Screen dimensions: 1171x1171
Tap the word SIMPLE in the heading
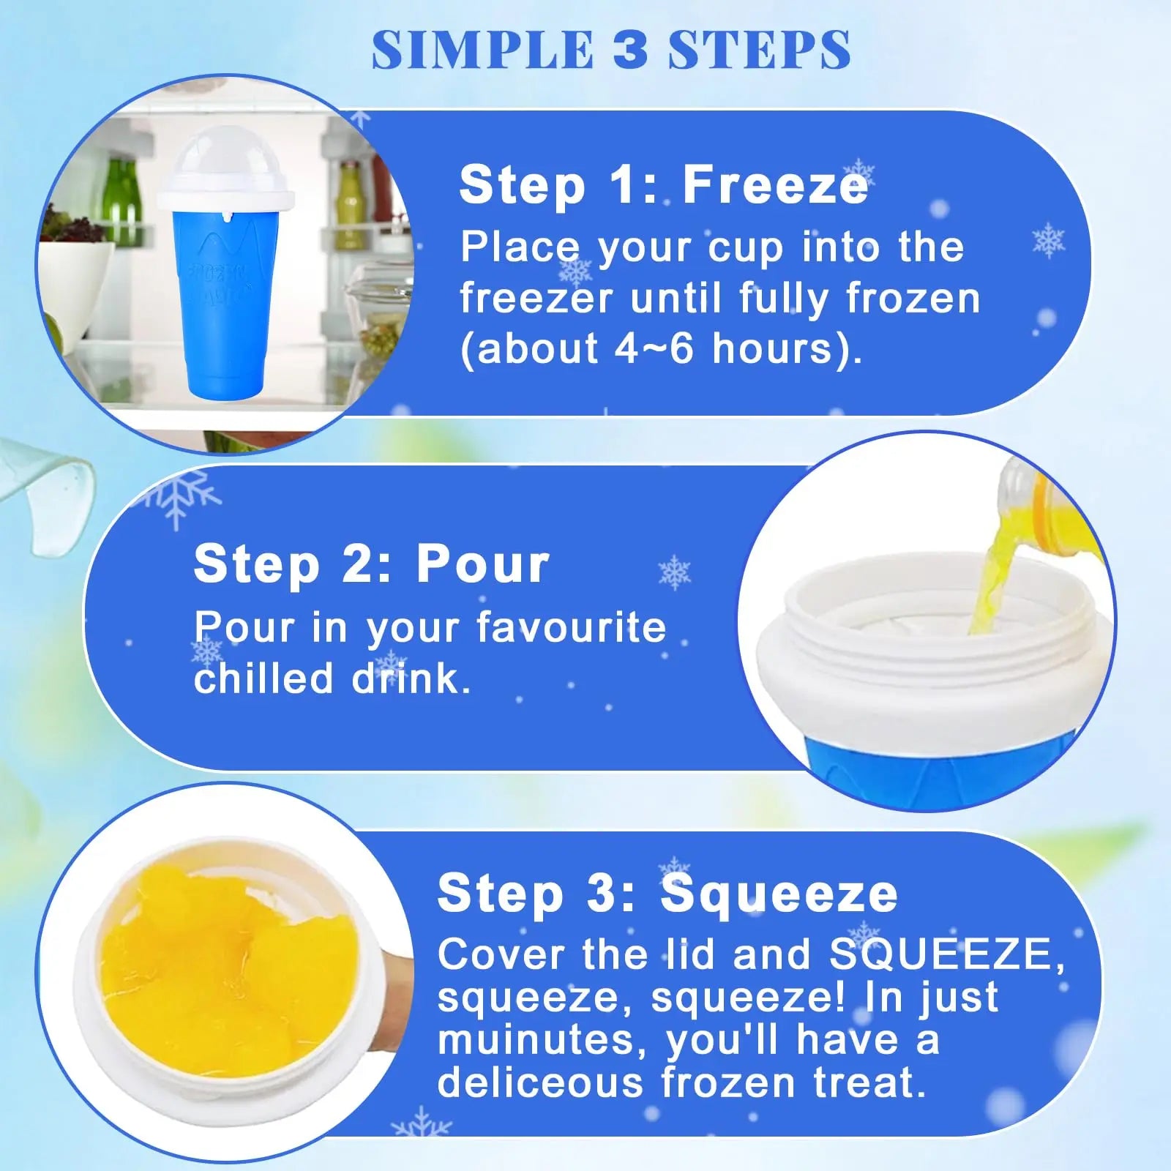[482, 50]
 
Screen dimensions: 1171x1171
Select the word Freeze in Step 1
[775, 185]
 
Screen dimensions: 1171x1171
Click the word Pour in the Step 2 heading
[483, 564]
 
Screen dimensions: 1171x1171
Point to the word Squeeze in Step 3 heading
[779, 894]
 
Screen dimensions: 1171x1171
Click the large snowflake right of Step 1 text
[1048, 239]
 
